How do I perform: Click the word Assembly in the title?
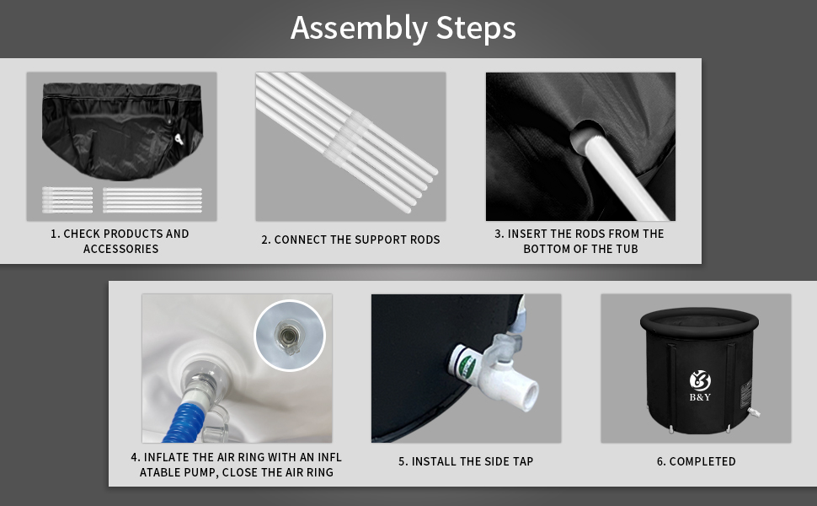click(x=359, y=29)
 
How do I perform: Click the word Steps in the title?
click(x=476, y=29)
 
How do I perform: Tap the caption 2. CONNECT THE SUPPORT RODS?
click(x=350, y=240)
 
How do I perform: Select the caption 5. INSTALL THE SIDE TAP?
click(x=466, y=461)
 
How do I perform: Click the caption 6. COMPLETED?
click(x=696, y=461)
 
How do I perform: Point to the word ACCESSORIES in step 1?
click(x=121, y=249)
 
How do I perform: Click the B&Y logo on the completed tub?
click(x=700, y=385)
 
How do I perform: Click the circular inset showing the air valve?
click(x=290, y=336)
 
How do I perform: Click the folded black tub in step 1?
click(x=122, y=131)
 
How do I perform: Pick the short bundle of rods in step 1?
click(x=67, y=200)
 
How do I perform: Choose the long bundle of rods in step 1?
click(x=152, y=200)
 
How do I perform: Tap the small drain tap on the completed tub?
click(x=753, y=412)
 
